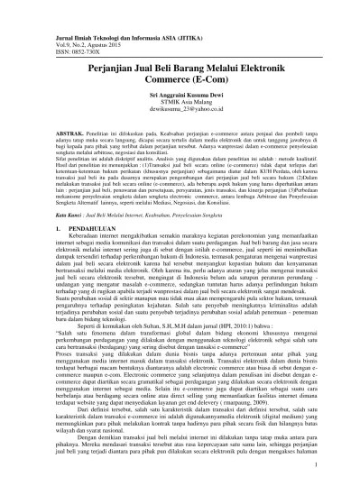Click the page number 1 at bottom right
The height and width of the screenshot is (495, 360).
[318, 464]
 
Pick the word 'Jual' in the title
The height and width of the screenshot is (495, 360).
[130, 58]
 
